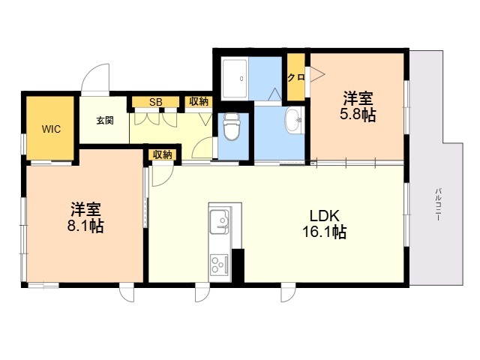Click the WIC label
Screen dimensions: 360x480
coord(51,128)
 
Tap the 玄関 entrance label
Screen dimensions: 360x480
coord(104,120)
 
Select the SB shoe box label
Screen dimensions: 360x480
coord(155,102)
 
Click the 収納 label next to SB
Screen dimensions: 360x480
coord(199,102)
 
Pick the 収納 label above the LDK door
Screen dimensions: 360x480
coord(163,154)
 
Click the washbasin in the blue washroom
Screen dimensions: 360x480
coord(293,119)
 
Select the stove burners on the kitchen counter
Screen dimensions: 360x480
coord(220,264)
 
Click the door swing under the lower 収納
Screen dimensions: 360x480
coord(160,175)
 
